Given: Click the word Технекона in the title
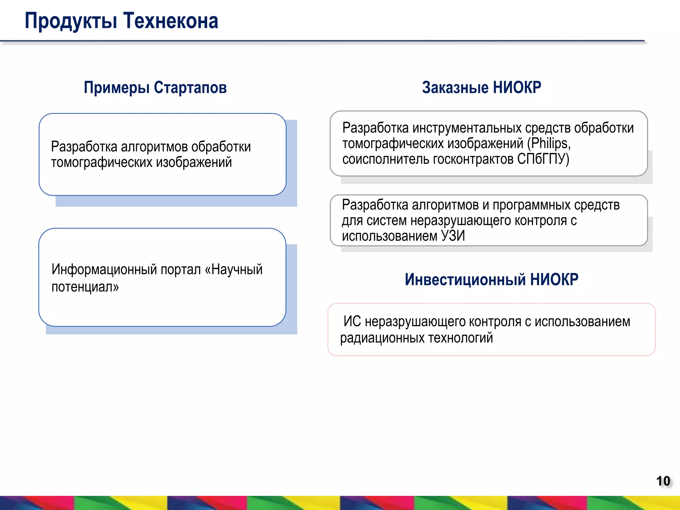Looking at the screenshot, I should point(171,21).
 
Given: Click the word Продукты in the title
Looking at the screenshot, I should point(71,21).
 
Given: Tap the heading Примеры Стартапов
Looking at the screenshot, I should point(155,88).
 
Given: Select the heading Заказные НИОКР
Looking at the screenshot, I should point(481,88).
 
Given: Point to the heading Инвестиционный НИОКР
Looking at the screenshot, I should point(491,279).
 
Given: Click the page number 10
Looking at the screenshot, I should point(663,481).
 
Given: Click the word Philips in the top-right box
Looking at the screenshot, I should point(549,143).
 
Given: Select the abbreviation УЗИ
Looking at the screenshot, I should point(453,236).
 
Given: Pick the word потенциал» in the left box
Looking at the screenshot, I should point(85,287).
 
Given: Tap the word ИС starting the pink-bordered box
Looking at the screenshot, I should point(352,321).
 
